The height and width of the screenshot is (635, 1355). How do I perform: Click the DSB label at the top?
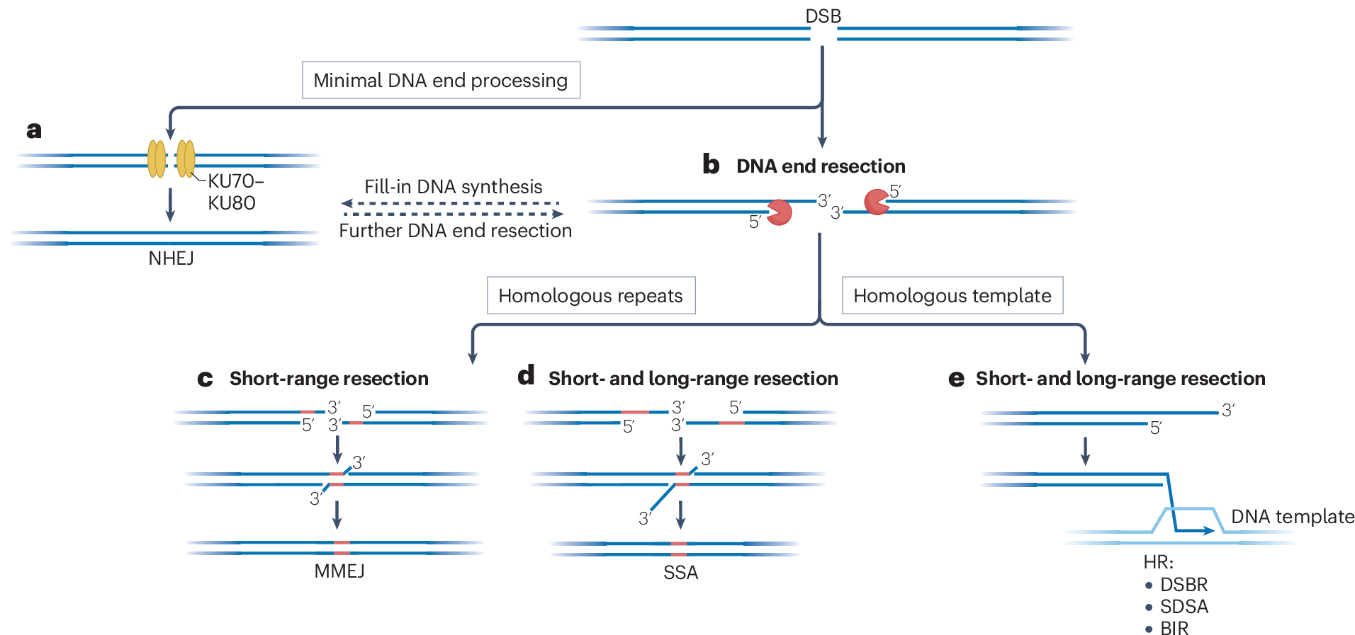pyautogui.click(x=823, y=16)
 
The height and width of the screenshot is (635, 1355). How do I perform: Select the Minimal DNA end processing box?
pyautogui.click(x=441, y=80)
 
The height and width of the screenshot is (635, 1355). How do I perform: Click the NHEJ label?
pyautogui.click(x=171, y=258)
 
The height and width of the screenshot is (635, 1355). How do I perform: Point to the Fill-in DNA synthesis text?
pyautogui.click(x=454, y=186)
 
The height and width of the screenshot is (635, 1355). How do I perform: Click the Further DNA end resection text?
pyautogui.click(x=455, y=231)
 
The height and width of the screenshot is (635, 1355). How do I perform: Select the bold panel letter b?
pyautogui.click(x=711, y=164)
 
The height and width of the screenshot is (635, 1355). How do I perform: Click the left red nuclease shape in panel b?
pyautogui.click(x=780, y=212)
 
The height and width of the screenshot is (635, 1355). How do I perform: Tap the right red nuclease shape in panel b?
pyautogui.click(x=877, y=202)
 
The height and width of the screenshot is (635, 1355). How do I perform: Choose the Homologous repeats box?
pyautogui.click(x=591, y=295)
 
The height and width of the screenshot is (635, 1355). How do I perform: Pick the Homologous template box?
pyautogui.click(x=952, y=295)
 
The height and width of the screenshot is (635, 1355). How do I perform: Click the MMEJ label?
pyautogui.click(x=339, y=571)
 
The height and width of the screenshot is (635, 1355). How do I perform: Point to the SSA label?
pyautogui.click(x=681, y=573)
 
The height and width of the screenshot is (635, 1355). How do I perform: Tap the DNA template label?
pyautogui.click(x=1293, y=517)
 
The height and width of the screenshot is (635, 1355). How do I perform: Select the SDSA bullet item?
pyautogui.click(x=1177, y=607)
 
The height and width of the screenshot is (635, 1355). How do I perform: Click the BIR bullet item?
pyautogui.click(x=1167, y=629)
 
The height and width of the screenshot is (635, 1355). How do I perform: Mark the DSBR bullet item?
pyautogui.click(x=1176, y=585)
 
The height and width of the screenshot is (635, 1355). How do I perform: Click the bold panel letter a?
pyautogui.click(x=34, y=130)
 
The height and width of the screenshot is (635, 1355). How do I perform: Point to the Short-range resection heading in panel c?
pyautogui.click(x=329, y=379)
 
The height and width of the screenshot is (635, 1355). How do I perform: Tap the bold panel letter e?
pyautogui.click(x=956, y=379)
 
